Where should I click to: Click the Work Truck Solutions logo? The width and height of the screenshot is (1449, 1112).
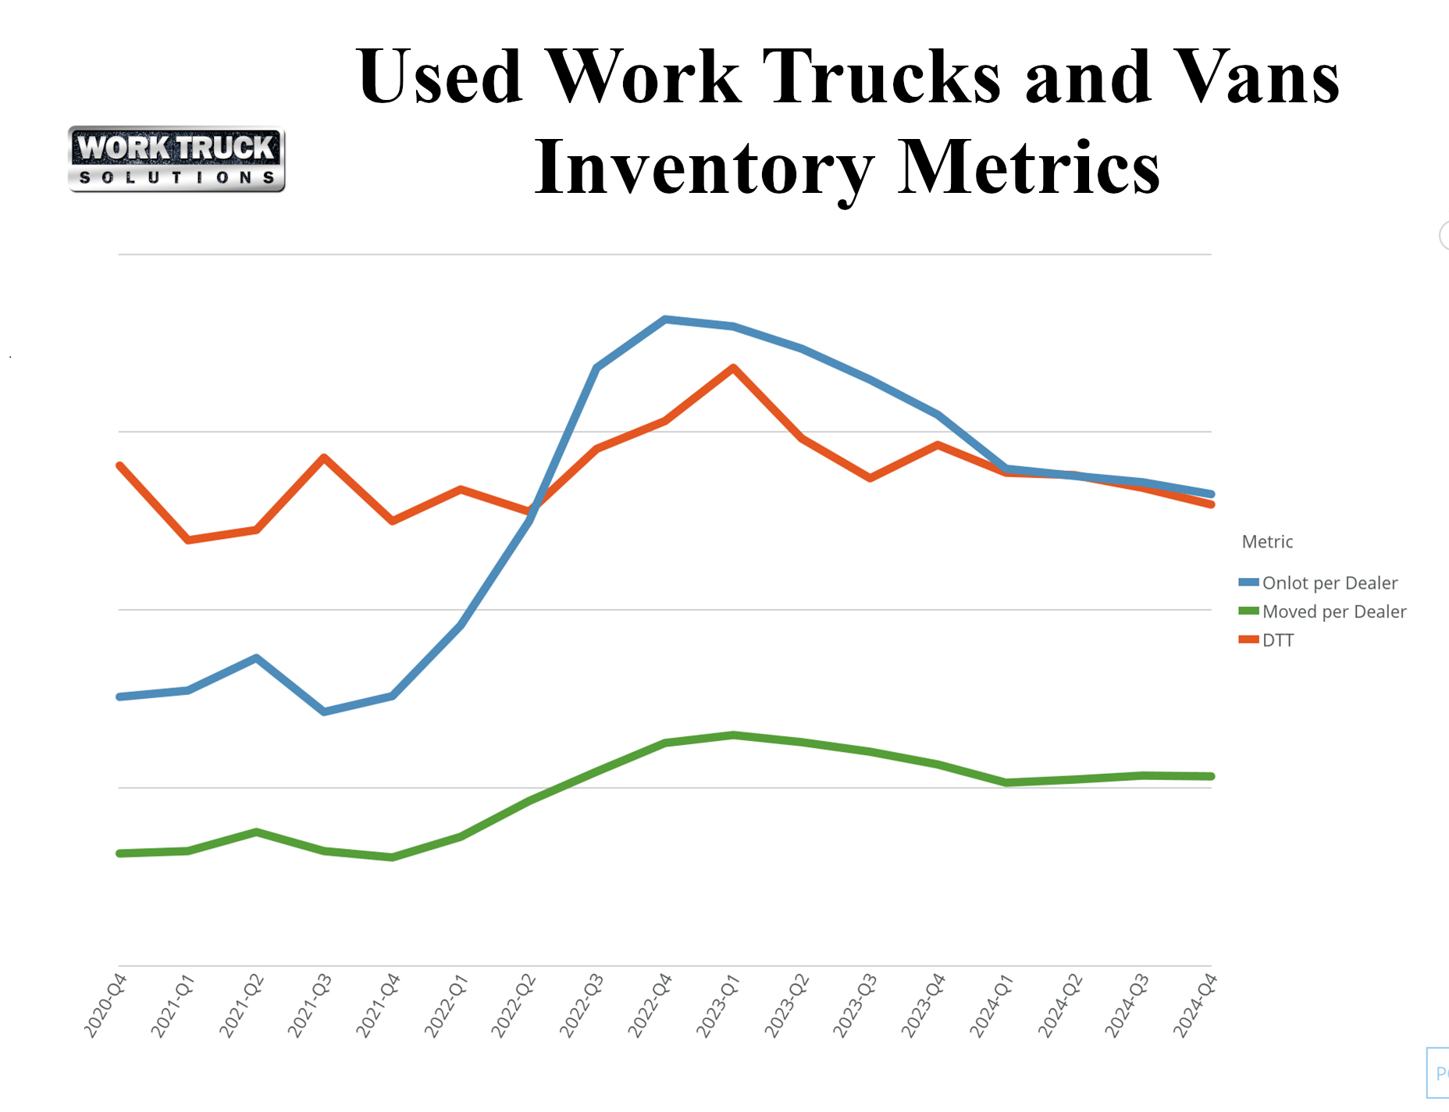pos(176,159)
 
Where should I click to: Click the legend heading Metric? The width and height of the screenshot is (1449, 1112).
pos(1267,542)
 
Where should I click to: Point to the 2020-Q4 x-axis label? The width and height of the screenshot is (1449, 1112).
pos(105,1005)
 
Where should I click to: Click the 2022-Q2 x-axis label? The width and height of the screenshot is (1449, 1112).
pos(514,1005)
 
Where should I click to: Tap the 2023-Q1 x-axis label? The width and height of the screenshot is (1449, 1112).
pos(718,1005)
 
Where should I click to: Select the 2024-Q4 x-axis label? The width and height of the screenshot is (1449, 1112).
pos(1195,1005)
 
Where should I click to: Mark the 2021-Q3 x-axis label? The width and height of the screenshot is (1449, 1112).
pos(310,1005)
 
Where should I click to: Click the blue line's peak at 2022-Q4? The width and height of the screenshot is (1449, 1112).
pos(664,319)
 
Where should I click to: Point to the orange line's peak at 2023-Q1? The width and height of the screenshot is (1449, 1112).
pos(733,367)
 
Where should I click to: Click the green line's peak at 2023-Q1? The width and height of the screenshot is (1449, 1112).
pos(733,735)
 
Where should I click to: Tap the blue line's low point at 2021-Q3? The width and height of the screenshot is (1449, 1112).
pos(324,711)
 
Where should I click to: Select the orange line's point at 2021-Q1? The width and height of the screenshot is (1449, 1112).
pos(188,540)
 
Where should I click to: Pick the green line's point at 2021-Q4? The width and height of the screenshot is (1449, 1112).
pos(392,857)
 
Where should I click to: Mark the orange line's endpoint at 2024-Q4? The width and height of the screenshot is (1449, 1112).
pos(1211,504)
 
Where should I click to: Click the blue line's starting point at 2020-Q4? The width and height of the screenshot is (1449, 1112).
pos(119,697)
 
